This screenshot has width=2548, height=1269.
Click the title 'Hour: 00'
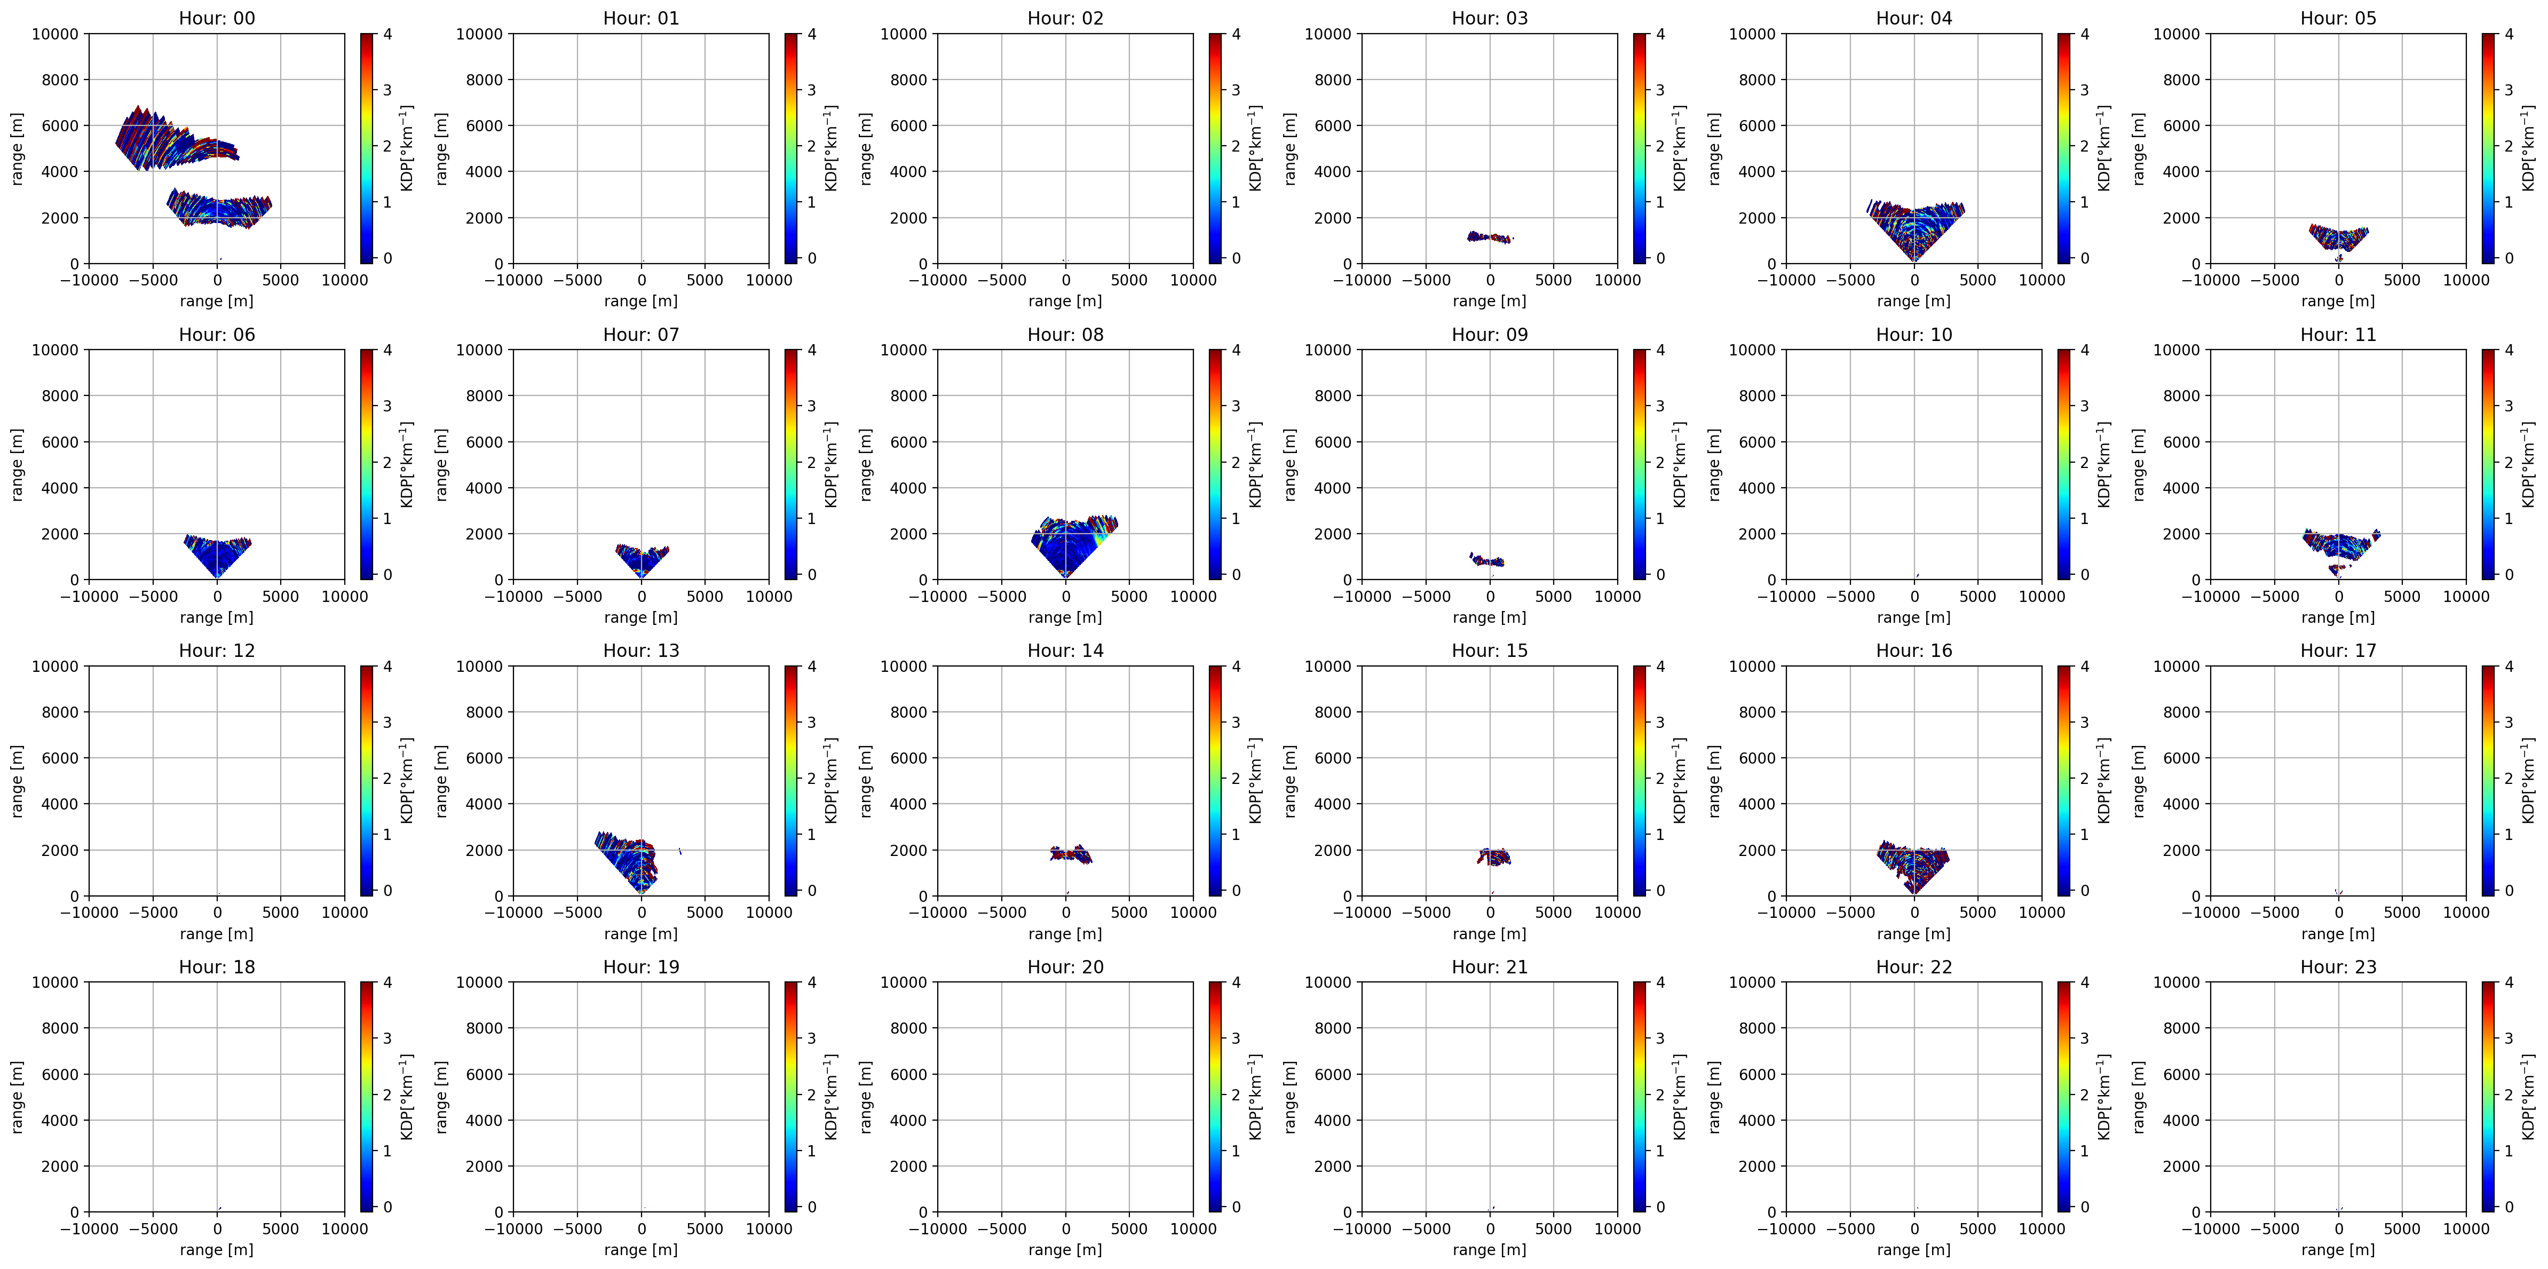tap(217, 18)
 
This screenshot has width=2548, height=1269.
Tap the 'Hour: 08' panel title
tap(1065, 334)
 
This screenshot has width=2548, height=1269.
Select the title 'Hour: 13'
tap(641, 650)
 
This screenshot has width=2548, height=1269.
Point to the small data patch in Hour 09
tap(1486, 560)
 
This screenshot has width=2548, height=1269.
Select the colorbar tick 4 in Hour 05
tap(2510, 34)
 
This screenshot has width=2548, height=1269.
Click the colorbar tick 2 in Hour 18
tap(387, 1095)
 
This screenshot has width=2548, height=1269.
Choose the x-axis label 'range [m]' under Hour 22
tap(1914, 1249)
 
